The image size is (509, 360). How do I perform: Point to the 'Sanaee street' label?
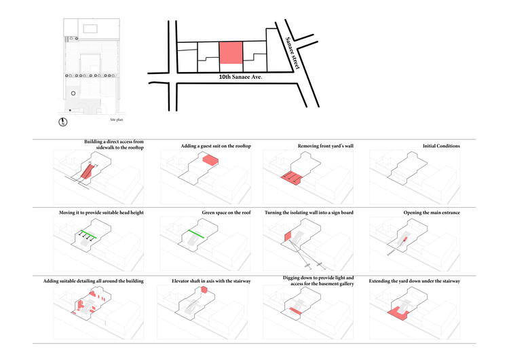click(x=294, y=52)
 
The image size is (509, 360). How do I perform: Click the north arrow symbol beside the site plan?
click(x=62, y=122)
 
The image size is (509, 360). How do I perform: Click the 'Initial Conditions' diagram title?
click(x=441, y=146)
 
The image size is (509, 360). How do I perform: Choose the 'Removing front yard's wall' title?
click(x=326, y=146)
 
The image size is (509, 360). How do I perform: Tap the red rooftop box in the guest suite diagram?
click(x=210, y=160)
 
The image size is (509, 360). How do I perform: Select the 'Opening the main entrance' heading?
click(x=431, y=213)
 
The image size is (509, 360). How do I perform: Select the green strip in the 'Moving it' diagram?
click(x=88, y=235)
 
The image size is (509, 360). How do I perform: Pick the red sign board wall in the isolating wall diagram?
click(x=286, y=238)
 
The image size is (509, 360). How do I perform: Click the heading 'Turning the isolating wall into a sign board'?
click(x=309, y=213)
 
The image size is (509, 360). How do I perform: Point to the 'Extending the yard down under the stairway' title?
click(x=414, y=281)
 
